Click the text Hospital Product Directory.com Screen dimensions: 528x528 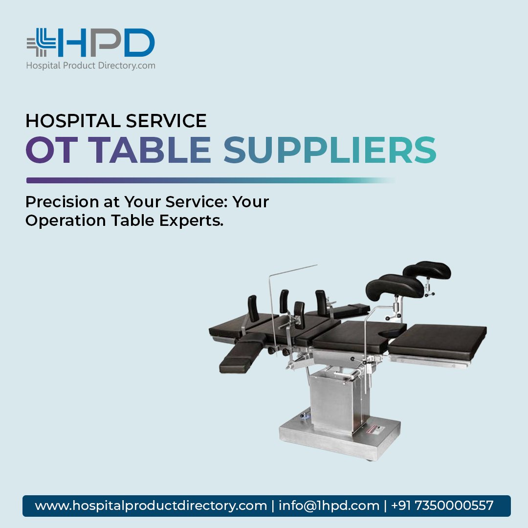[90, 65]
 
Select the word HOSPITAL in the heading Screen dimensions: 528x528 [69, 121]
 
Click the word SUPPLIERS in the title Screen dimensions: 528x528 [330, 149]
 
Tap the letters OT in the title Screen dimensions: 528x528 [51, 149]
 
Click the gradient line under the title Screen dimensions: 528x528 [210, 180]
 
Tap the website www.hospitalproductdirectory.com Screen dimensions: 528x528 [151, 506]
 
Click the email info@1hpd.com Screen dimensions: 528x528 [329, 506]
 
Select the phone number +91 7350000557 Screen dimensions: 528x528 [442, 506]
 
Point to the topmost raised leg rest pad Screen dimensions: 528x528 [427, 269]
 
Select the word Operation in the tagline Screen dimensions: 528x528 [66, 220]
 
